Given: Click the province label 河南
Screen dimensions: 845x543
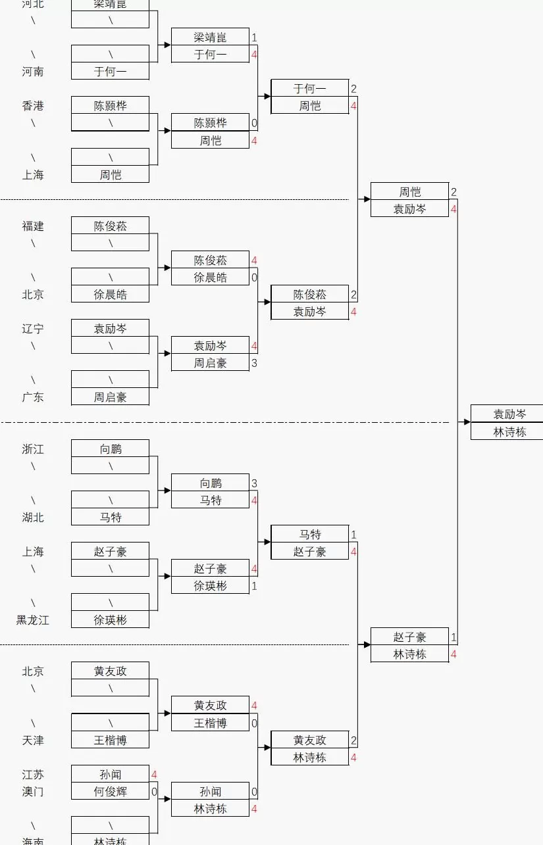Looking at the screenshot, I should tap(33, 72).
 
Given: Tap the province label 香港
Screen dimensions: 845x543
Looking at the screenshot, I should tap(33, 106).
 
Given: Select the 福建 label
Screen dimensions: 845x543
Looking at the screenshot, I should tap(33, 226).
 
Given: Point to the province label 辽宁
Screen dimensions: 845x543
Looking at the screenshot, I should tap(33, 329).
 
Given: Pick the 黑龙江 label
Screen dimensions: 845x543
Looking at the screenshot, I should tap(33, 620).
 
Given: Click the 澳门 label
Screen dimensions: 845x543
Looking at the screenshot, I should tap(33, 792).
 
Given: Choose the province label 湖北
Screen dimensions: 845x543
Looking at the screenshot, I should tap(33, 518).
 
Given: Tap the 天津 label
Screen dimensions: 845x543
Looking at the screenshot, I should tap(33, 740).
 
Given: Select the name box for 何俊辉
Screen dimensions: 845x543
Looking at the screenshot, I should tap(110, 792).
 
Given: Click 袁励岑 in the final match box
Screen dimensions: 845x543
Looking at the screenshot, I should tap(509, 414).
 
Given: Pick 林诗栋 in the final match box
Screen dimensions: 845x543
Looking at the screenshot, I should tap(509, 432).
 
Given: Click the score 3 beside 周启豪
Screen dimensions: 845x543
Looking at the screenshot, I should tap(254, 363).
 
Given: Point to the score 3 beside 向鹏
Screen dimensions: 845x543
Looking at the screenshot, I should tap(254, 483).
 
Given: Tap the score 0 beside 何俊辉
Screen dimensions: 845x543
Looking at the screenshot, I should tap(155, 792).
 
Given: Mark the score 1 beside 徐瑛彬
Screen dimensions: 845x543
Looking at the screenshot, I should tap(254, 586).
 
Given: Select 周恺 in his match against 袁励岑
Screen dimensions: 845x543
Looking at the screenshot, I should tap(409, 192).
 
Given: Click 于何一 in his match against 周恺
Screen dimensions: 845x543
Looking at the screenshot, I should tap(309, 89).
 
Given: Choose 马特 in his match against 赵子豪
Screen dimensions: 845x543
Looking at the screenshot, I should tap(309, 535).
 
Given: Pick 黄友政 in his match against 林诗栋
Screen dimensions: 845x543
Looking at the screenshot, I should tap(309, 740).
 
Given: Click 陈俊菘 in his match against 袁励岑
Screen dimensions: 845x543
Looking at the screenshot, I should tap(309, 295).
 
